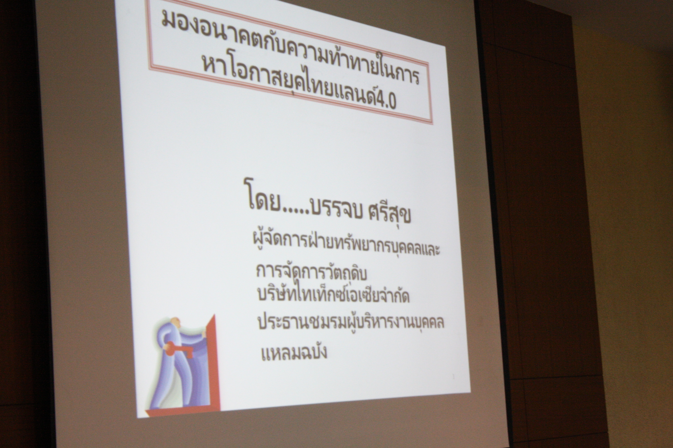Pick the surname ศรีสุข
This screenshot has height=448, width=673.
390,213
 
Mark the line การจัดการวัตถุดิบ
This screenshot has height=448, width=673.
311,272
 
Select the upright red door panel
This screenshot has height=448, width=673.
212,362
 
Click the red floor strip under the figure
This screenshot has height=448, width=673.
183,412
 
